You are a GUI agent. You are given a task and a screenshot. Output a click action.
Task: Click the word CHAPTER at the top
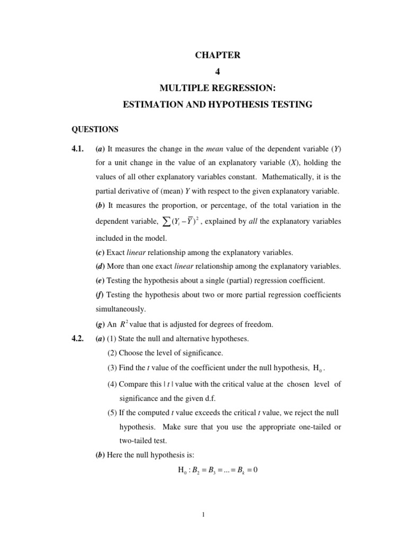[217, 56]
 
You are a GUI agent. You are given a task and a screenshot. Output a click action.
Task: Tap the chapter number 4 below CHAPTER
[217, 72]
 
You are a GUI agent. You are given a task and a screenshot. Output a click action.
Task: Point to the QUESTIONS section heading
[95, 129]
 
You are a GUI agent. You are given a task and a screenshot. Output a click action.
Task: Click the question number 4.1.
[78, 149]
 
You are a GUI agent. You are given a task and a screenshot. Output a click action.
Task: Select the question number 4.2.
[78, 338]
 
